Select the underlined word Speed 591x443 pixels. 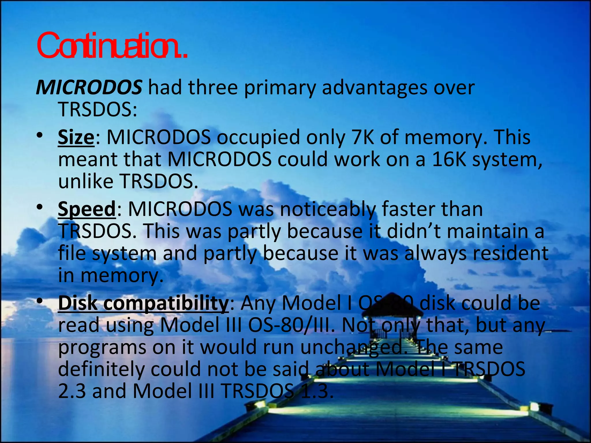(x=87, y=209)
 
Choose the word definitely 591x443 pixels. (x=101, y=369)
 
